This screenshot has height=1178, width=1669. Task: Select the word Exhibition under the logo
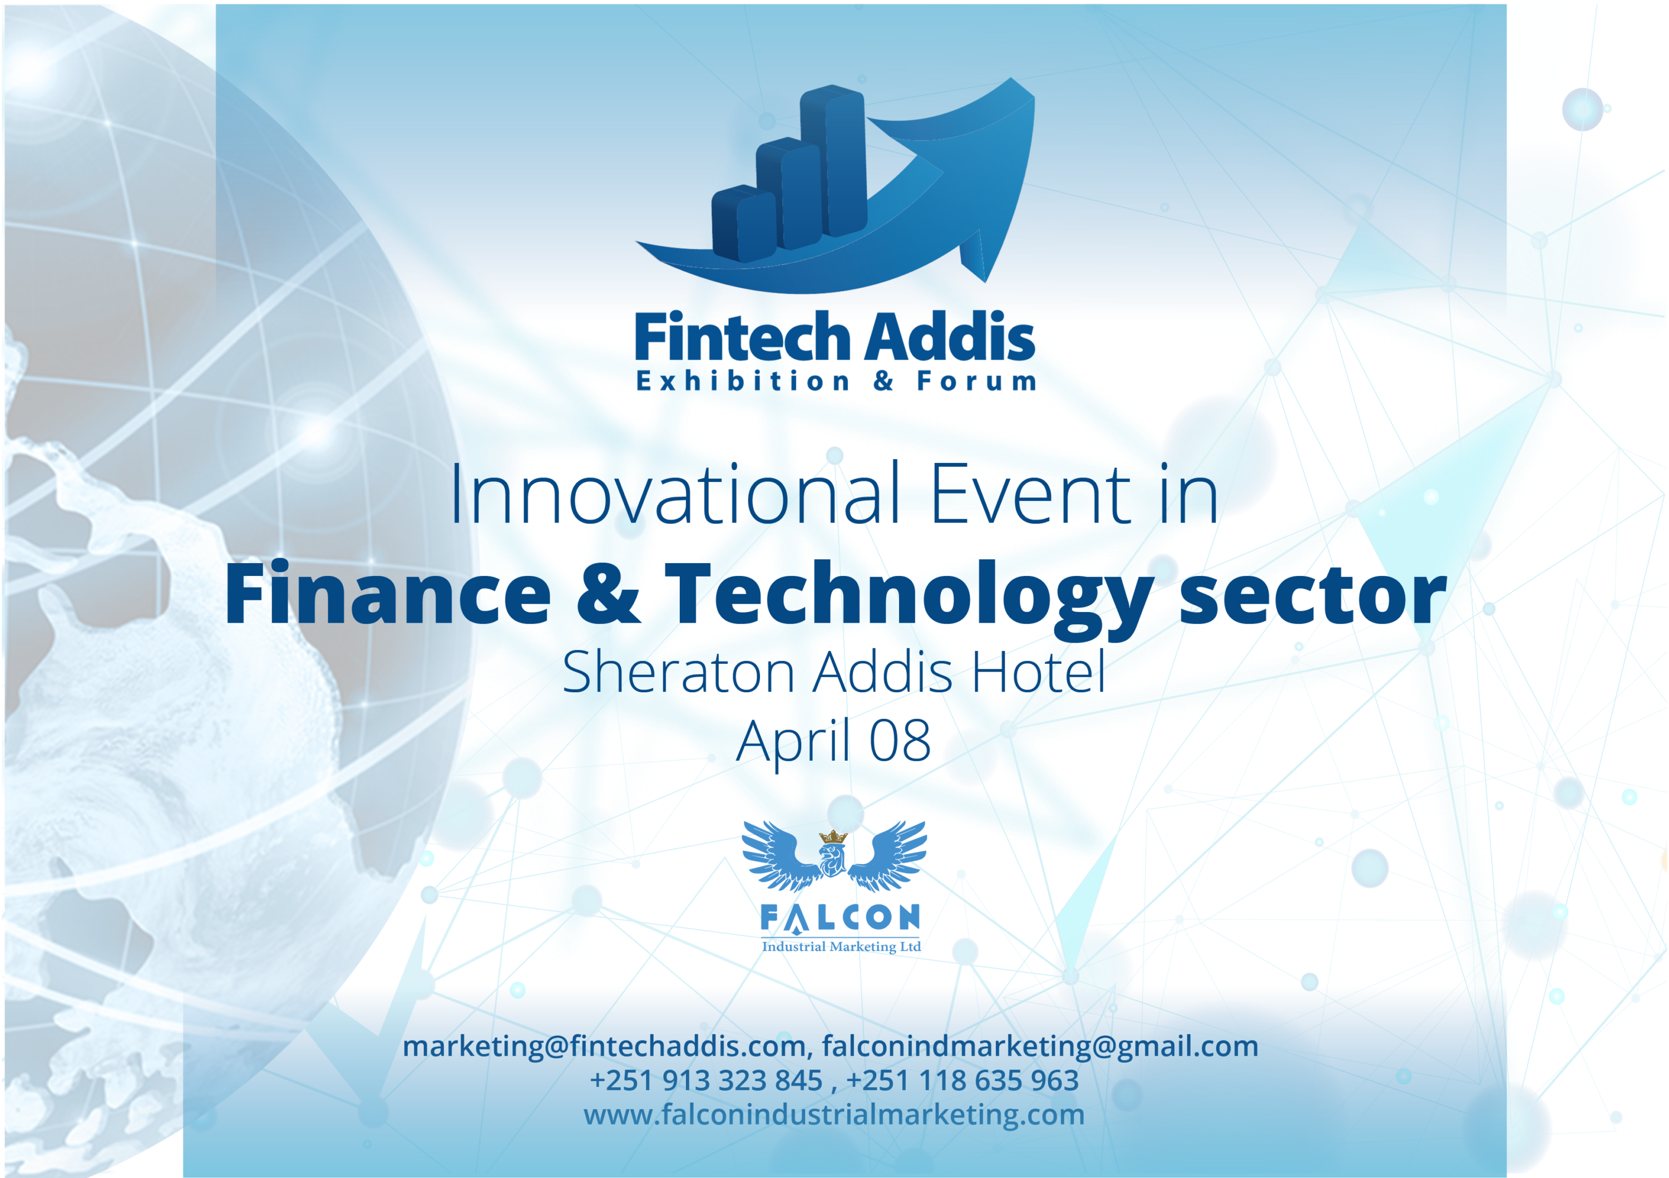[x=743, y=381]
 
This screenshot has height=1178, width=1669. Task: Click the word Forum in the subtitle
[x=976, y=381]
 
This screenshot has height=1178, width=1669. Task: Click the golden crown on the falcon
[x=833, y=837]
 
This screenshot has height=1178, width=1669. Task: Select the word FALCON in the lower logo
[x=840, y=918]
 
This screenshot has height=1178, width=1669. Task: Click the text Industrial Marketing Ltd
[x=841, y=947]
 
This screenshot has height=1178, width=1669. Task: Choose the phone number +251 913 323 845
[x=706, y=1081]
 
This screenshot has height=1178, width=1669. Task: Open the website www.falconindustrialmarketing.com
[x=834, y=1115]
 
